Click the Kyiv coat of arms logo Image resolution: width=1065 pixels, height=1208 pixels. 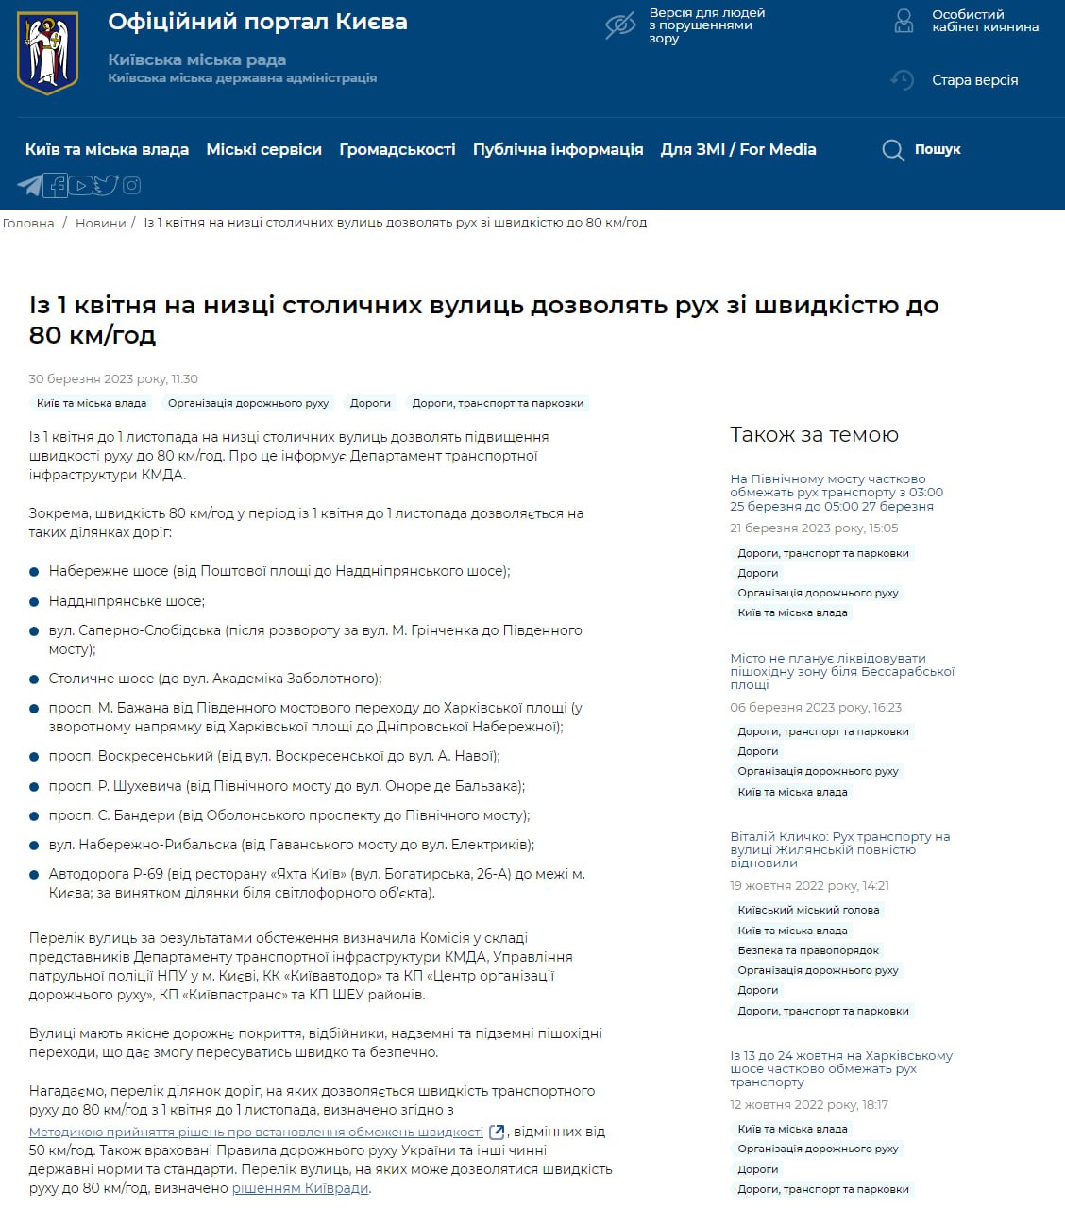click(x=47, y=53)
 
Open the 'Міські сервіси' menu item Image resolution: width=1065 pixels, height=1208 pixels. click(x=263, y=149)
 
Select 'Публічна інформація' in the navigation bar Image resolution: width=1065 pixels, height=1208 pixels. click(x=557, y=149)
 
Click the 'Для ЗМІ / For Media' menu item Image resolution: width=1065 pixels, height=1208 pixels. click(x=737, y=149)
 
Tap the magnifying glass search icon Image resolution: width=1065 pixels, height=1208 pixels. click(x=892, y=150)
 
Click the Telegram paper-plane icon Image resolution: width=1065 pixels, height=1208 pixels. click(x=30, y=185)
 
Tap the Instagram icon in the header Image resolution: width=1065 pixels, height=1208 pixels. click(x=131, y=185)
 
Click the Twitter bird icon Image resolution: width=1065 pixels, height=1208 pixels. click(x=106, y=185)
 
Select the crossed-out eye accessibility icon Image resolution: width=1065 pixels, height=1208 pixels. click(x=620, y=26)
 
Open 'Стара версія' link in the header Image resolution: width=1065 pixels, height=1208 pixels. click(x=974, y=80)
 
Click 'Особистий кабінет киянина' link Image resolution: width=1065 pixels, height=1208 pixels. click(x=985, y=21)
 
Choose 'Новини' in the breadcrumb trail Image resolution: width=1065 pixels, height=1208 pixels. click(x=100, y=223)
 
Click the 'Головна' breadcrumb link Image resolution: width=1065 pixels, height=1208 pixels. click(x=28, y=223)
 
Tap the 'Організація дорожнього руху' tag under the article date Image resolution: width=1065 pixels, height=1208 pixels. click(x=248, y=403)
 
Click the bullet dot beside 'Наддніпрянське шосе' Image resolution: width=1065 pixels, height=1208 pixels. click(x=35, y=601)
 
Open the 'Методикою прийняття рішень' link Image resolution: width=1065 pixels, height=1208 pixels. click(x=256, y=1132)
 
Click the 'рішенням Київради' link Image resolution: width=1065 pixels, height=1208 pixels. click(x=300, y=1188)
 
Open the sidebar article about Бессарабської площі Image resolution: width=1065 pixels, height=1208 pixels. click(x=841, y=671)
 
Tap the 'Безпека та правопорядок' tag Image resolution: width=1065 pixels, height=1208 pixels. click(x=808, y=950)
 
